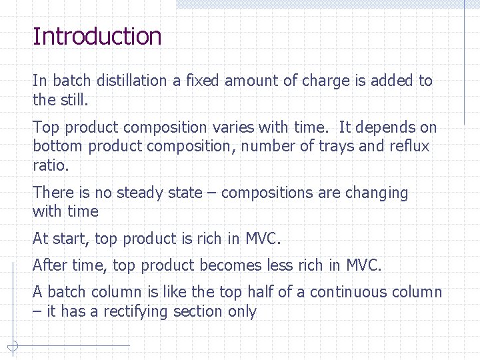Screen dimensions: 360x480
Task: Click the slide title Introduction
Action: pos(97,37)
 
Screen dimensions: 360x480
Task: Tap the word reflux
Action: pos(409,146)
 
